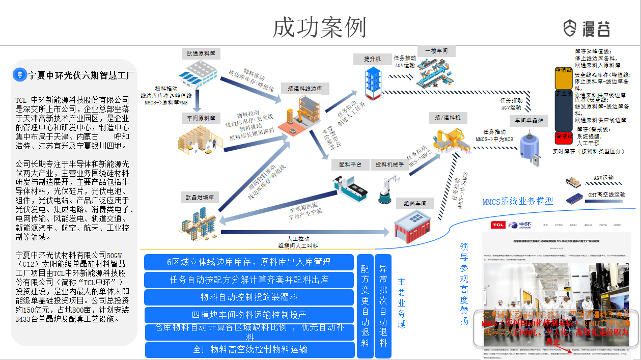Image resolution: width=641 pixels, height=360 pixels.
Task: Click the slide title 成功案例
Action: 319,27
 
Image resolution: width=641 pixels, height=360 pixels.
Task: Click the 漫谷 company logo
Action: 587,28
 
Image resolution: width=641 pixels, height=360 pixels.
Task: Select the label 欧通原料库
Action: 200,53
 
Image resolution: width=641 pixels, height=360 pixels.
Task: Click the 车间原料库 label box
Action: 200,118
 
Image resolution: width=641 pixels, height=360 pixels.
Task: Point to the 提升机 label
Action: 373,59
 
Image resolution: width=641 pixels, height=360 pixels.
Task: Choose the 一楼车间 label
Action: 436,51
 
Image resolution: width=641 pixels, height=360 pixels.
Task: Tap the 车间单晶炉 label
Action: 532,121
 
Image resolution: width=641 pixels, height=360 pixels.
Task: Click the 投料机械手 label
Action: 389,164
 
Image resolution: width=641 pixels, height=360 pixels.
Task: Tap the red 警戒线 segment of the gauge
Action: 564,137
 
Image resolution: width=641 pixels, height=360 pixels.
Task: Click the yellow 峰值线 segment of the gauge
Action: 564,77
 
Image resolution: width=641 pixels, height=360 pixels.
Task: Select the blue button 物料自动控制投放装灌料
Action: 249,297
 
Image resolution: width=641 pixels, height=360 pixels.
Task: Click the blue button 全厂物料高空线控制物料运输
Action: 249,350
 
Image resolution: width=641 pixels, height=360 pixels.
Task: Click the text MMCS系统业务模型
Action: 517,201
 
